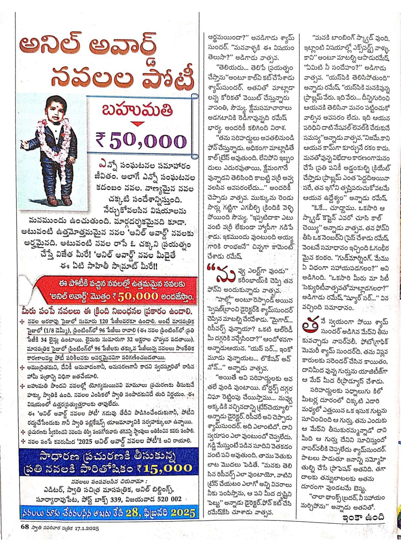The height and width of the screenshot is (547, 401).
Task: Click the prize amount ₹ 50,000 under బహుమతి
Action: pos(141,140)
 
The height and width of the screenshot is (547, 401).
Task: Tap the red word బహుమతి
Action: pos(137,111)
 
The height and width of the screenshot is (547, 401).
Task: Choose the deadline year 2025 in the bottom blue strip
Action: pos(183,512)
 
